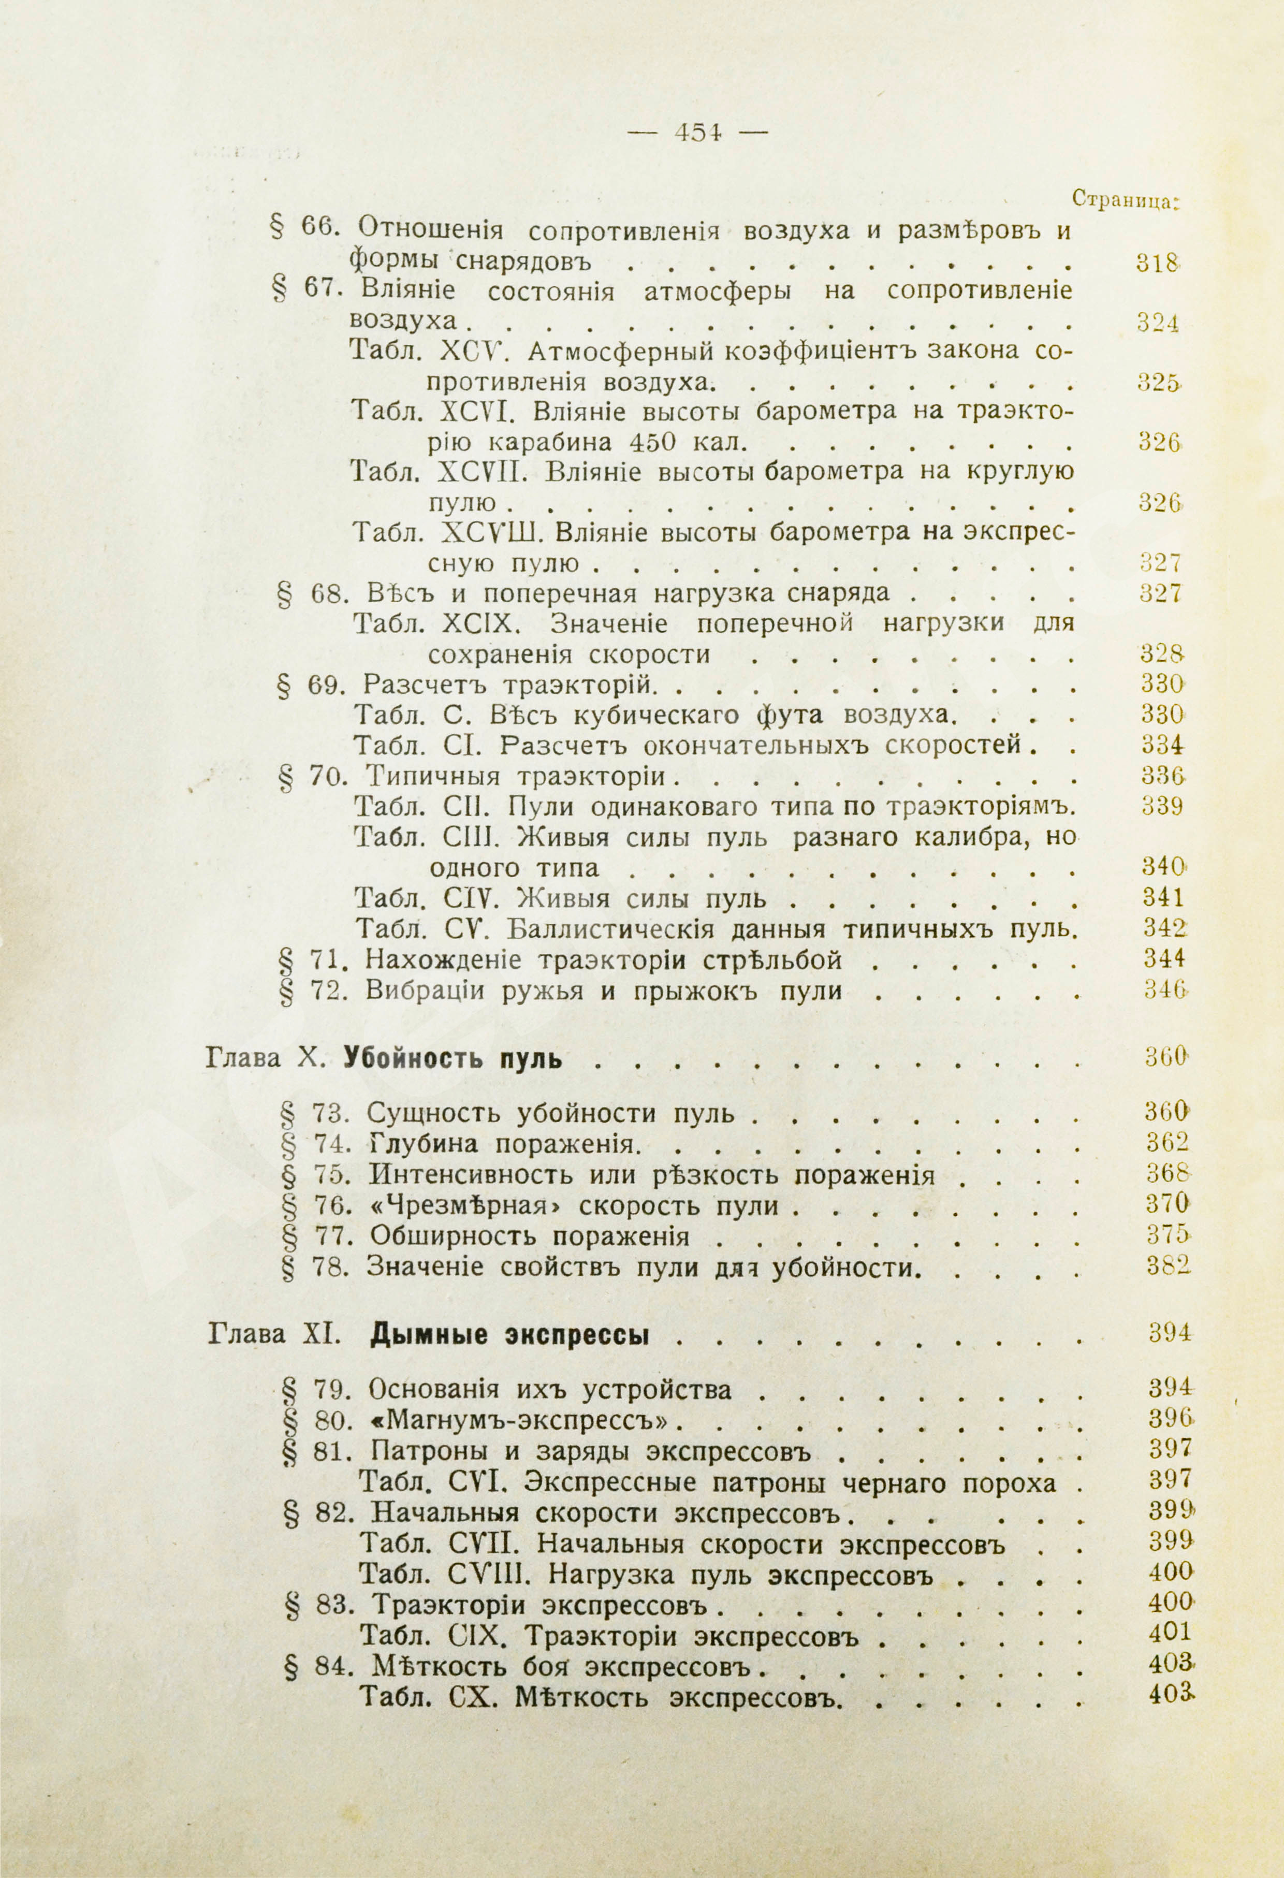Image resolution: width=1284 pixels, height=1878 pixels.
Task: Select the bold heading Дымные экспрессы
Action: [510, 1335]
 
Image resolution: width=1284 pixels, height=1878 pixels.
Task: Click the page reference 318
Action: [1158, 264]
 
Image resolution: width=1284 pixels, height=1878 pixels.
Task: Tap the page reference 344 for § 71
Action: [1163, 959]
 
